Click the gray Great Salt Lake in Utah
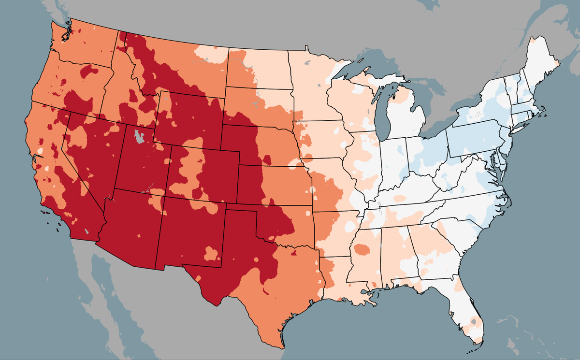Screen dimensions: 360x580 tap(139, 137)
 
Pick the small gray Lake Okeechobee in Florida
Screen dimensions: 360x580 tap(474, 320)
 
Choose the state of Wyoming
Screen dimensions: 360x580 tap(188, 116)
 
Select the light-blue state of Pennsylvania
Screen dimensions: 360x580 tap(476, 140)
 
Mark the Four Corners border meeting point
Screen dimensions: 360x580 tap(164, 197)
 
